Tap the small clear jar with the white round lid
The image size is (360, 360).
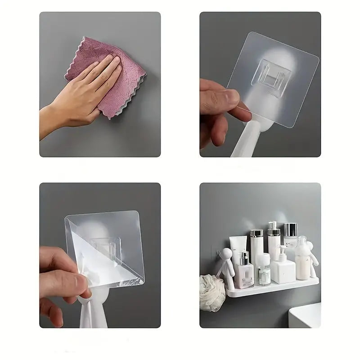(264, 270)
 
